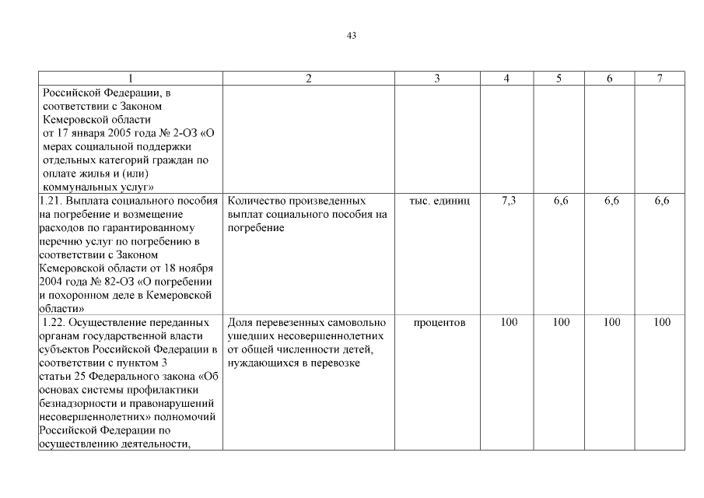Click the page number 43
[351, 36]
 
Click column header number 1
[131, 79]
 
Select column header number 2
[309, 79]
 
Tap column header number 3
[437, 79]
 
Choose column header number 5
[559, 79]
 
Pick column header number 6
[610, 79]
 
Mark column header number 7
[660, 79]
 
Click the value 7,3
[509, 201]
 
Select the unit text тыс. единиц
[440, 201]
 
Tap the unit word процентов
[440, 322]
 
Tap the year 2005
[113, 133]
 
